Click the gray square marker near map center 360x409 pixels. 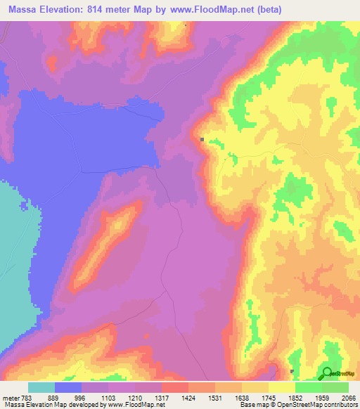(x=202, y=139)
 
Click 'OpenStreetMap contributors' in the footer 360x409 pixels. (x=321, y=405)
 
